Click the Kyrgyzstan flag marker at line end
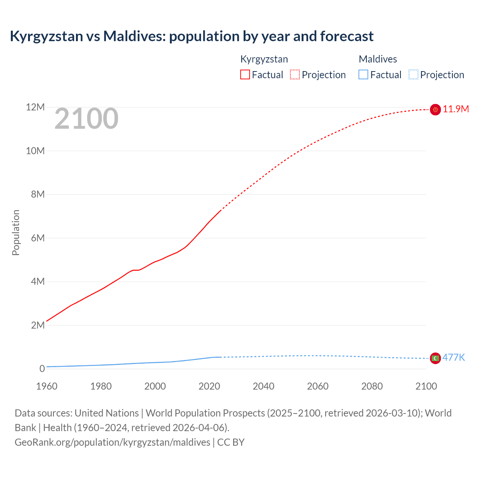point(435,110)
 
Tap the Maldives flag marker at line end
point(435,358)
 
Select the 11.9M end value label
point(456,109)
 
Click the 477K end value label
point(454,357)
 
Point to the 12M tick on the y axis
point(35,107)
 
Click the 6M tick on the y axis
point(37,238)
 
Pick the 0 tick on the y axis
point(42,369)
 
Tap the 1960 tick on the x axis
point(47,386)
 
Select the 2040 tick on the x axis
point(263,386)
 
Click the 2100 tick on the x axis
point(426,386)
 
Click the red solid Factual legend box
point(245,75)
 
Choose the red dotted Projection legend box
point(295,75)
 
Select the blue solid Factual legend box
point(363,75)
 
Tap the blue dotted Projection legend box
point(413,75)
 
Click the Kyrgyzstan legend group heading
point(264,59)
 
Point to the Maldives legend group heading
point(378,59)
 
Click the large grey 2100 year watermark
point(86,119)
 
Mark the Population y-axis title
point(16,232)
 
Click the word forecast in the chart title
point(347,36)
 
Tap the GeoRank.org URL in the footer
point(112,442)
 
